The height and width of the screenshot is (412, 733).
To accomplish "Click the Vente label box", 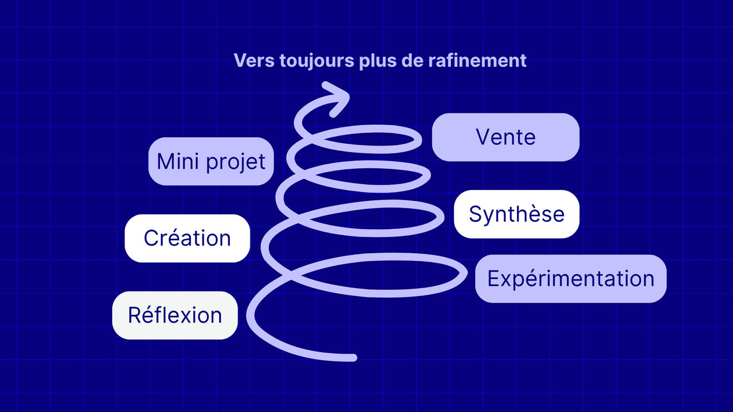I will click(x=505, y=137).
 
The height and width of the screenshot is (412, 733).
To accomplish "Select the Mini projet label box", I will click(x=211, y=162).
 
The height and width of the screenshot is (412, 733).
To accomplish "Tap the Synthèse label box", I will click(x=516, y=214).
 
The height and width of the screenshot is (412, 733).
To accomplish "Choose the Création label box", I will click(x=187, y=238).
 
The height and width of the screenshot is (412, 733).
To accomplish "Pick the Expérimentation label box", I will click(x=570, y=279).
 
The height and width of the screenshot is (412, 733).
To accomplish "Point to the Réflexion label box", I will click(x=175, y=315).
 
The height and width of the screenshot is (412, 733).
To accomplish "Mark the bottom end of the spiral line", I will click(x=352, y=358).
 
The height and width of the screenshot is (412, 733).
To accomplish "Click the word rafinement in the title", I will click(x=478, y=60).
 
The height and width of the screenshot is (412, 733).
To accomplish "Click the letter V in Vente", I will click(x=483, y=137).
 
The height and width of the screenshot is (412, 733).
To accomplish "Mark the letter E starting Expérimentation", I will click(x=493, y=279).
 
